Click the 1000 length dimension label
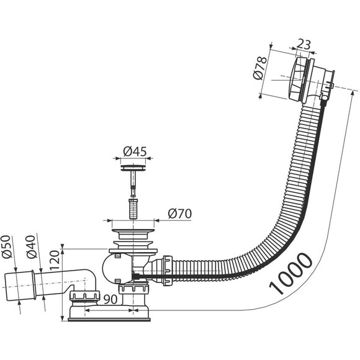[291, 273]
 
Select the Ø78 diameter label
[260, 68]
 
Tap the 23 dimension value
[304, 44]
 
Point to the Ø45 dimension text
[135, 151]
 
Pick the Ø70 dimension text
[180, 214]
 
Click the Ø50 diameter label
[6, 246]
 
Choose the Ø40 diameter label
[31, 246]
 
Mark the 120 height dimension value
[55, 260]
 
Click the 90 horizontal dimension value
[110, 299]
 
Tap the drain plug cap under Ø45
[133, 168]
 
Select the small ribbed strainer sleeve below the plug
[132, 209]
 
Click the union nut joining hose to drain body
[168, 270]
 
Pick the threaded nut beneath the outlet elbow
[85, 295]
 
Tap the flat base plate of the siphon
[109, 320]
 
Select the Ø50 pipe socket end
[19, 286]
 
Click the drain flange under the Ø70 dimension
[133, 231]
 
